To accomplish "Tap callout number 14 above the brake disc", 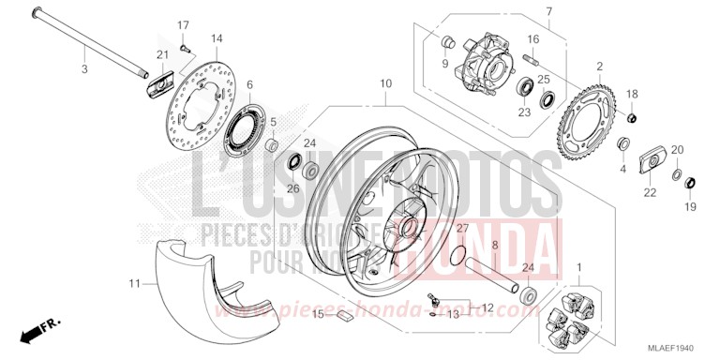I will tap(217, 38).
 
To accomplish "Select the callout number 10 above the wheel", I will tap(384, 84).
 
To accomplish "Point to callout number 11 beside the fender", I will tap(134, 280).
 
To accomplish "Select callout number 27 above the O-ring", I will tap(462, 229).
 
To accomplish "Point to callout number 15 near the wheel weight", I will tap(317, 313).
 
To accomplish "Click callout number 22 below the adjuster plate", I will tap(649, 192).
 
